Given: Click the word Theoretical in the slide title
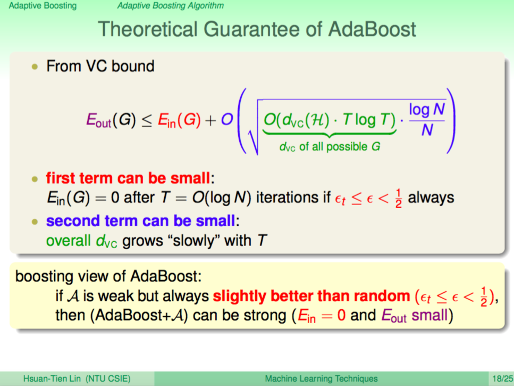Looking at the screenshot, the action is tap(148, 29).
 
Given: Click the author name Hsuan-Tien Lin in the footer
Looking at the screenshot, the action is tap(52, 379).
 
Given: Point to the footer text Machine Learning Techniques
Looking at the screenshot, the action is tap(321, 379).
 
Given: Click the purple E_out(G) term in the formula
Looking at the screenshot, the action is tap(111, 120).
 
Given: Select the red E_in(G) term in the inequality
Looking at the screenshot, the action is tap(179, 120).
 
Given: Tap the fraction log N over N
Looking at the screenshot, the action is tap(427, 119).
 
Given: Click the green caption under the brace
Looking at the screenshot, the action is tap(330, 146).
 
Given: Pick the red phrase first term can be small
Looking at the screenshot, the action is tap(128, 178).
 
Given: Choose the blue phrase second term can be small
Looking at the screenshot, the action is tap(141, 220).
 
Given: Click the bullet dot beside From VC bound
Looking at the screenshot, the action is tap(35, 67).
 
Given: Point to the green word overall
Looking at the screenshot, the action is tap(68, 241).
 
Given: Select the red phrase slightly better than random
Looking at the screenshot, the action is tap(311, 296).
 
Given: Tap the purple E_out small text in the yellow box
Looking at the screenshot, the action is tap(415, 315).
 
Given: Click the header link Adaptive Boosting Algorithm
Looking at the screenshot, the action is tap(171, 6).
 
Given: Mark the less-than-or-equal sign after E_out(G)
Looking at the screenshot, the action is tap(147, 121).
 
